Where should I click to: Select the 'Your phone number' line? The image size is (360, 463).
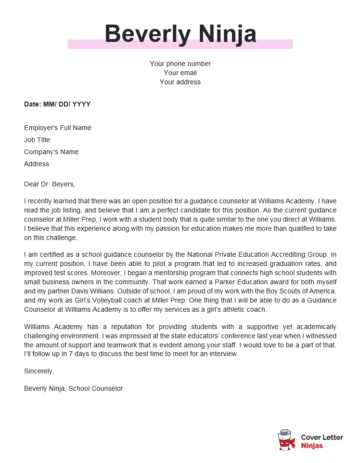[179, 64]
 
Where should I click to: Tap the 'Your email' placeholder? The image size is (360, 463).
[179, 73]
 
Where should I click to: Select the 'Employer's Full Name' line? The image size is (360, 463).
[56, 128]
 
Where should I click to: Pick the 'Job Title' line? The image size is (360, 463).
[36, 140]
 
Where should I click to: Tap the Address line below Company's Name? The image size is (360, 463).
[36, 163]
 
